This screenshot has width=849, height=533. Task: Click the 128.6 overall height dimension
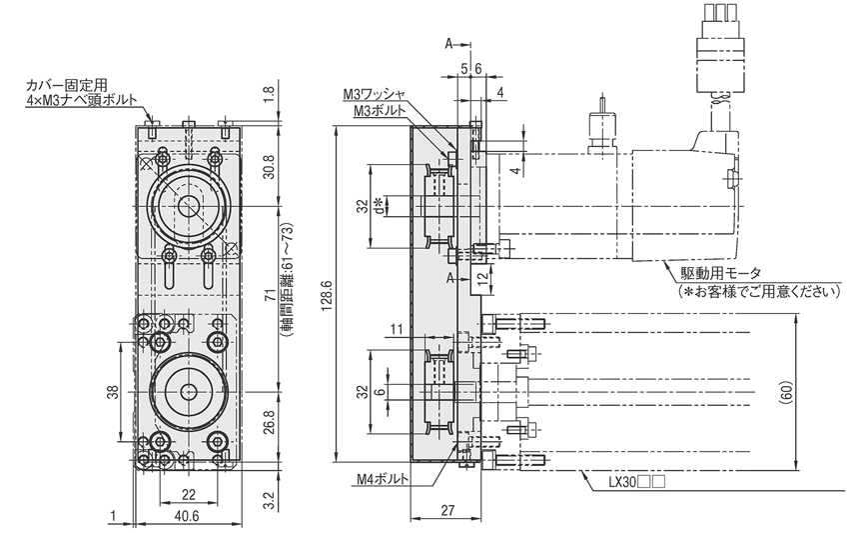(327, 296)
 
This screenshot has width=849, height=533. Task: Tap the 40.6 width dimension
(188, 516)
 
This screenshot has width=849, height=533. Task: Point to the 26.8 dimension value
(269, 422)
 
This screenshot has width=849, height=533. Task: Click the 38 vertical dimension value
(112, 392)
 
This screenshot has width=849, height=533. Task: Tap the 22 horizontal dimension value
(188, 495)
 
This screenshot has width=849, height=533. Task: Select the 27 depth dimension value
(447, 510)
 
